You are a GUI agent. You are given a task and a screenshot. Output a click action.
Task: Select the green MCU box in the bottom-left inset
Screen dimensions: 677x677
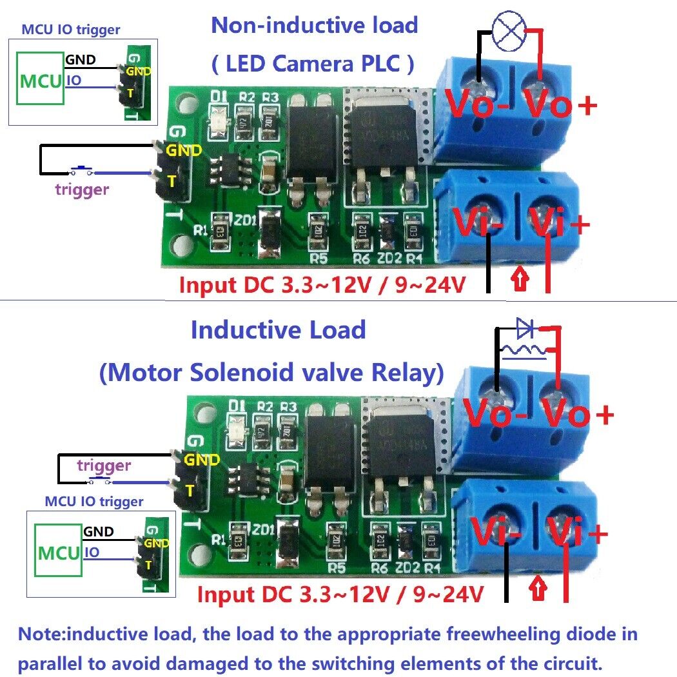[59, 552]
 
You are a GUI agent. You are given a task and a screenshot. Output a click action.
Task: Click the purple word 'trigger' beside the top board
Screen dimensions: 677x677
[82, 189]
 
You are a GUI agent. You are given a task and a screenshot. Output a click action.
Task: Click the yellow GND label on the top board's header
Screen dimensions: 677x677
[184, 150]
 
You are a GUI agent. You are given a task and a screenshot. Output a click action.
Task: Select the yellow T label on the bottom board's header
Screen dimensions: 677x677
[190, 491]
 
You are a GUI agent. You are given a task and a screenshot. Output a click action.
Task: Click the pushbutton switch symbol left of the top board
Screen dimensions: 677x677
[81, 171]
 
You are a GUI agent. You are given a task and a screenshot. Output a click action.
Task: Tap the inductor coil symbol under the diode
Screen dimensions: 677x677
[524, 351]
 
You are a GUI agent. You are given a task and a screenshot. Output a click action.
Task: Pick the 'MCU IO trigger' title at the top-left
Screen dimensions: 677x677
[71, 29]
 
